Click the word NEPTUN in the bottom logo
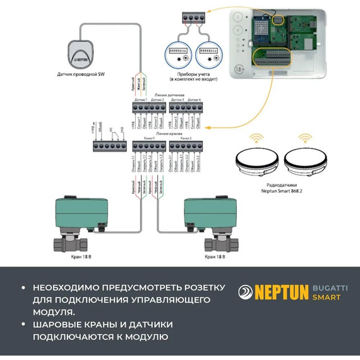tap(280, 292)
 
